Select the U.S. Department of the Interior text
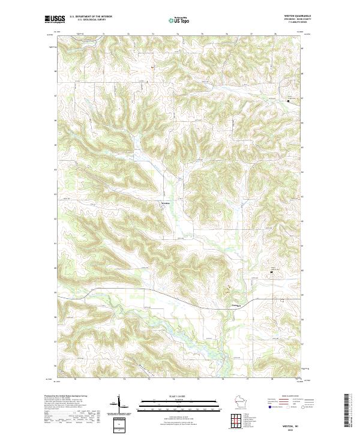[x=90, y=16]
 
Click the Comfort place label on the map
[x=236, y=306]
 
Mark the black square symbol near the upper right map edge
[x=287, y=101]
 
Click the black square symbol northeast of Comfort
[x=271, y=272]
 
